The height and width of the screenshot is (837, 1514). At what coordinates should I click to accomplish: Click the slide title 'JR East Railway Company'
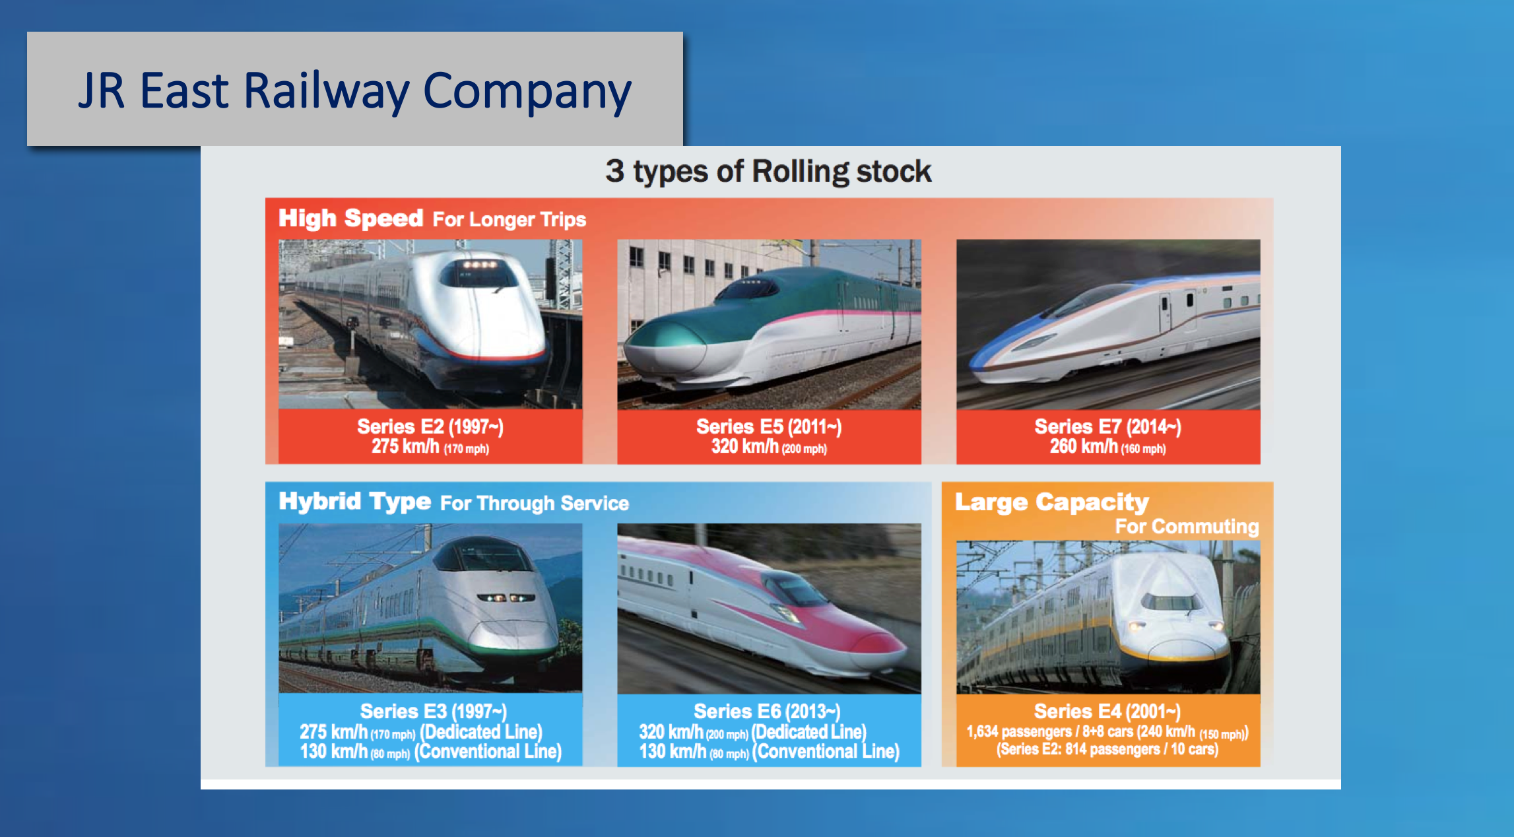[x=355, y=91]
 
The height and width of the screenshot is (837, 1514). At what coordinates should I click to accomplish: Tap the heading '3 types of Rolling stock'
[x=768, y=172]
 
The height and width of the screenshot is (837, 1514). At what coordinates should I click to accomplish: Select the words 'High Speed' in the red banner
[x=350, y=218]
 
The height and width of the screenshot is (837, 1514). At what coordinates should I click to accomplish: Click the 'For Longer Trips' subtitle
[x=510, y=219]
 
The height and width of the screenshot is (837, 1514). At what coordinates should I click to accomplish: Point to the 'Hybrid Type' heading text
[x=354, y=502]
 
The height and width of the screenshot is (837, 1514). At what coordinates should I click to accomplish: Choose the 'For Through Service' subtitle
[x=535, y=503]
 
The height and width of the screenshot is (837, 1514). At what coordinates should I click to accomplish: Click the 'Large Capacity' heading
[x=1052, y=502]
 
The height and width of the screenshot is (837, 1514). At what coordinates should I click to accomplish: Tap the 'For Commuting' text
[x=1187, y=526]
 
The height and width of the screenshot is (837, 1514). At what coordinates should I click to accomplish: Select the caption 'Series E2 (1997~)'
[x=430, y=426]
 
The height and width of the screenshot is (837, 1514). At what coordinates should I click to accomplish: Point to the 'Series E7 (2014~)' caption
[x=1107, y=426]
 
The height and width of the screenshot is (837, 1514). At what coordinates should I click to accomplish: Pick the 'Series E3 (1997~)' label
[x=433, y=711]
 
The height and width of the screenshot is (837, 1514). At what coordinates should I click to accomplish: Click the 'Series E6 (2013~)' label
[x=767, y=711]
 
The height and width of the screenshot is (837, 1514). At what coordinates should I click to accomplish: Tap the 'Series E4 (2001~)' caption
[x=1107, y=711]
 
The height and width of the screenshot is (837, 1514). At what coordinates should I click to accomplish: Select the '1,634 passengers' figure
[x=1019, y=731]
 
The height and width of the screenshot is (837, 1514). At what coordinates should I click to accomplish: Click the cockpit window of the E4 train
[x=1171, y=601]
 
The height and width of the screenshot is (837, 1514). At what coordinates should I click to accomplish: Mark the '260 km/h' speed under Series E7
[x=1084, y=447]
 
